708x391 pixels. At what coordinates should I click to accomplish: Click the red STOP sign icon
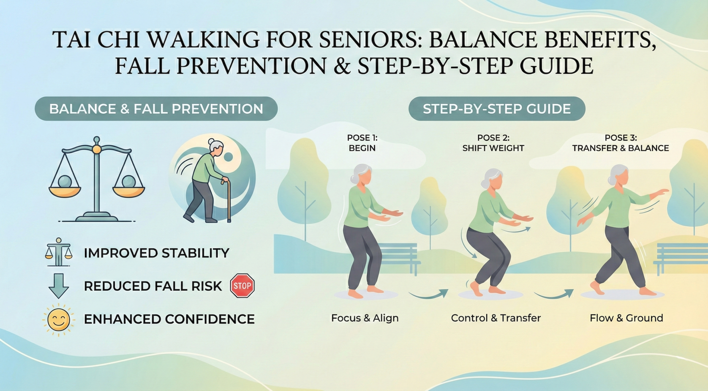(x=242, y=286)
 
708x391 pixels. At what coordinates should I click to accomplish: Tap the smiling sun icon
(x=58, y=319)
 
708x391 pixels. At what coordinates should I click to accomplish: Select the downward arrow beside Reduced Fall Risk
(x=58, y=286)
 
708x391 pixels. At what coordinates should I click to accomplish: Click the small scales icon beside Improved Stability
(x=58, y=252)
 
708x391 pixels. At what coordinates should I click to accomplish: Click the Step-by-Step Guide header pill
(x=496, y=109)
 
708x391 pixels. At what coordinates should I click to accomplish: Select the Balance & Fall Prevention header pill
(x=156, y=109)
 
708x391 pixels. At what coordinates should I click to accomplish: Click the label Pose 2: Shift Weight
(x=493, y=143)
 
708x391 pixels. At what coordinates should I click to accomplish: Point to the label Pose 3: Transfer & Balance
(x=620, y=143)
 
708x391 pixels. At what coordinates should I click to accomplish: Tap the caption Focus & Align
(x=365, y=318)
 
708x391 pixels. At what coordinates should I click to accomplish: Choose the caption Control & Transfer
(x=496, y=318)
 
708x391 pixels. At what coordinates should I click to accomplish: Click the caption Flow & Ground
(x=626, y=318)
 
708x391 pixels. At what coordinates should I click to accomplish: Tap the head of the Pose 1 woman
(x=362, y=175)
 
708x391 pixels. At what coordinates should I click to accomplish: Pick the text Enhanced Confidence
(x=169, y=319)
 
